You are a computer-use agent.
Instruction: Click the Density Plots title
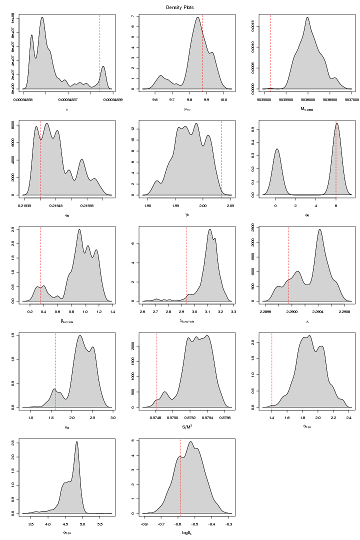(180, 7)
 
